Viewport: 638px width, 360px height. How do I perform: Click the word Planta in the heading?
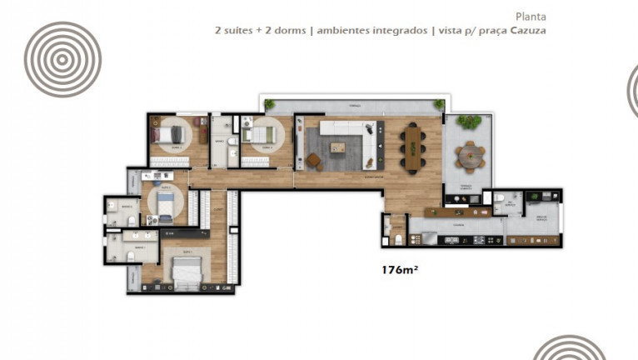(x=531, y=15)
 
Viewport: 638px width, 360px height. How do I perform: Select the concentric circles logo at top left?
(x=62, y=59)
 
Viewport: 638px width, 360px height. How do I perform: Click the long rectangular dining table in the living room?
(x=413, y=147)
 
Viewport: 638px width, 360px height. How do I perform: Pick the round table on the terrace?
(x=471, y=154)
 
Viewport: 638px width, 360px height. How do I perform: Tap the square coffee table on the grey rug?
(x=337, y=147)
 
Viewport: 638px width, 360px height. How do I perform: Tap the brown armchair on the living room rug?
(x=314, y=160)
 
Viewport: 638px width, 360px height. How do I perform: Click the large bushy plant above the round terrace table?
(x=469, y=121)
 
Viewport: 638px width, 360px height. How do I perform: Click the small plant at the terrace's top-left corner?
(x=269, y=104)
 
